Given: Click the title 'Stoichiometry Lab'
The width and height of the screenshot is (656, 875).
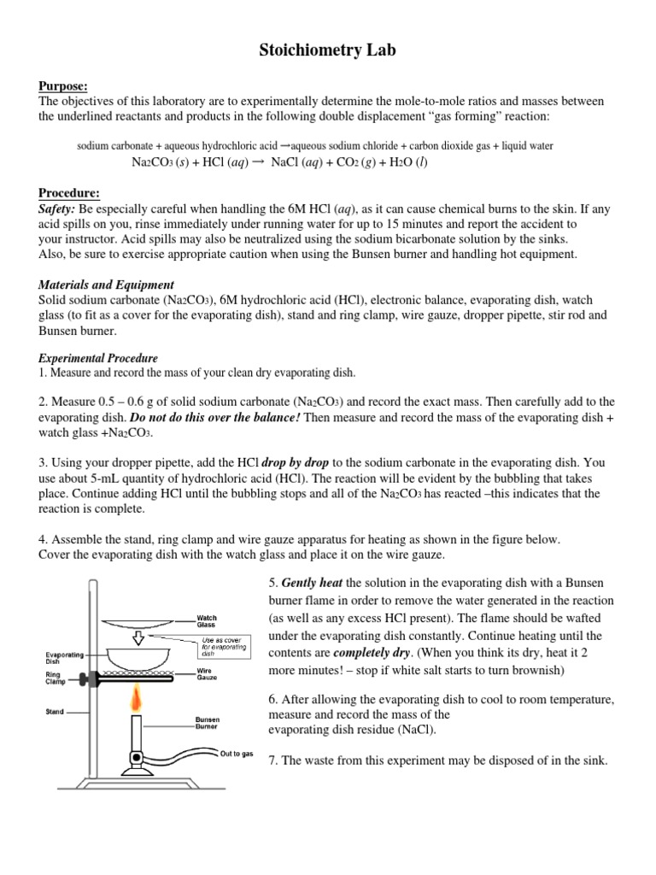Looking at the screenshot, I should (328, 52).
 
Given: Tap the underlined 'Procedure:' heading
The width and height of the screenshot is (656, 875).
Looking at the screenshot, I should (69, 193).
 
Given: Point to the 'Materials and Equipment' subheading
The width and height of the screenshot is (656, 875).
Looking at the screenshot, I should (106, 285).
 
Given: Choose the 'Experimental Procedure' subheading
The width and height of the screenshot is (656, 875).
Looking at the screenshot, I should (98, 358).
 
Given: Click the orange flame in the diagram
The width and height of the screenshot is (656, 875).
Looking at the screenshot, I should (135, 702).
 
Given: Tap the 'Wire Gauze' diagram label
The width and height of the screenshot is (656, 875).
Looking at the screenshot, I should (207, 676).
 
